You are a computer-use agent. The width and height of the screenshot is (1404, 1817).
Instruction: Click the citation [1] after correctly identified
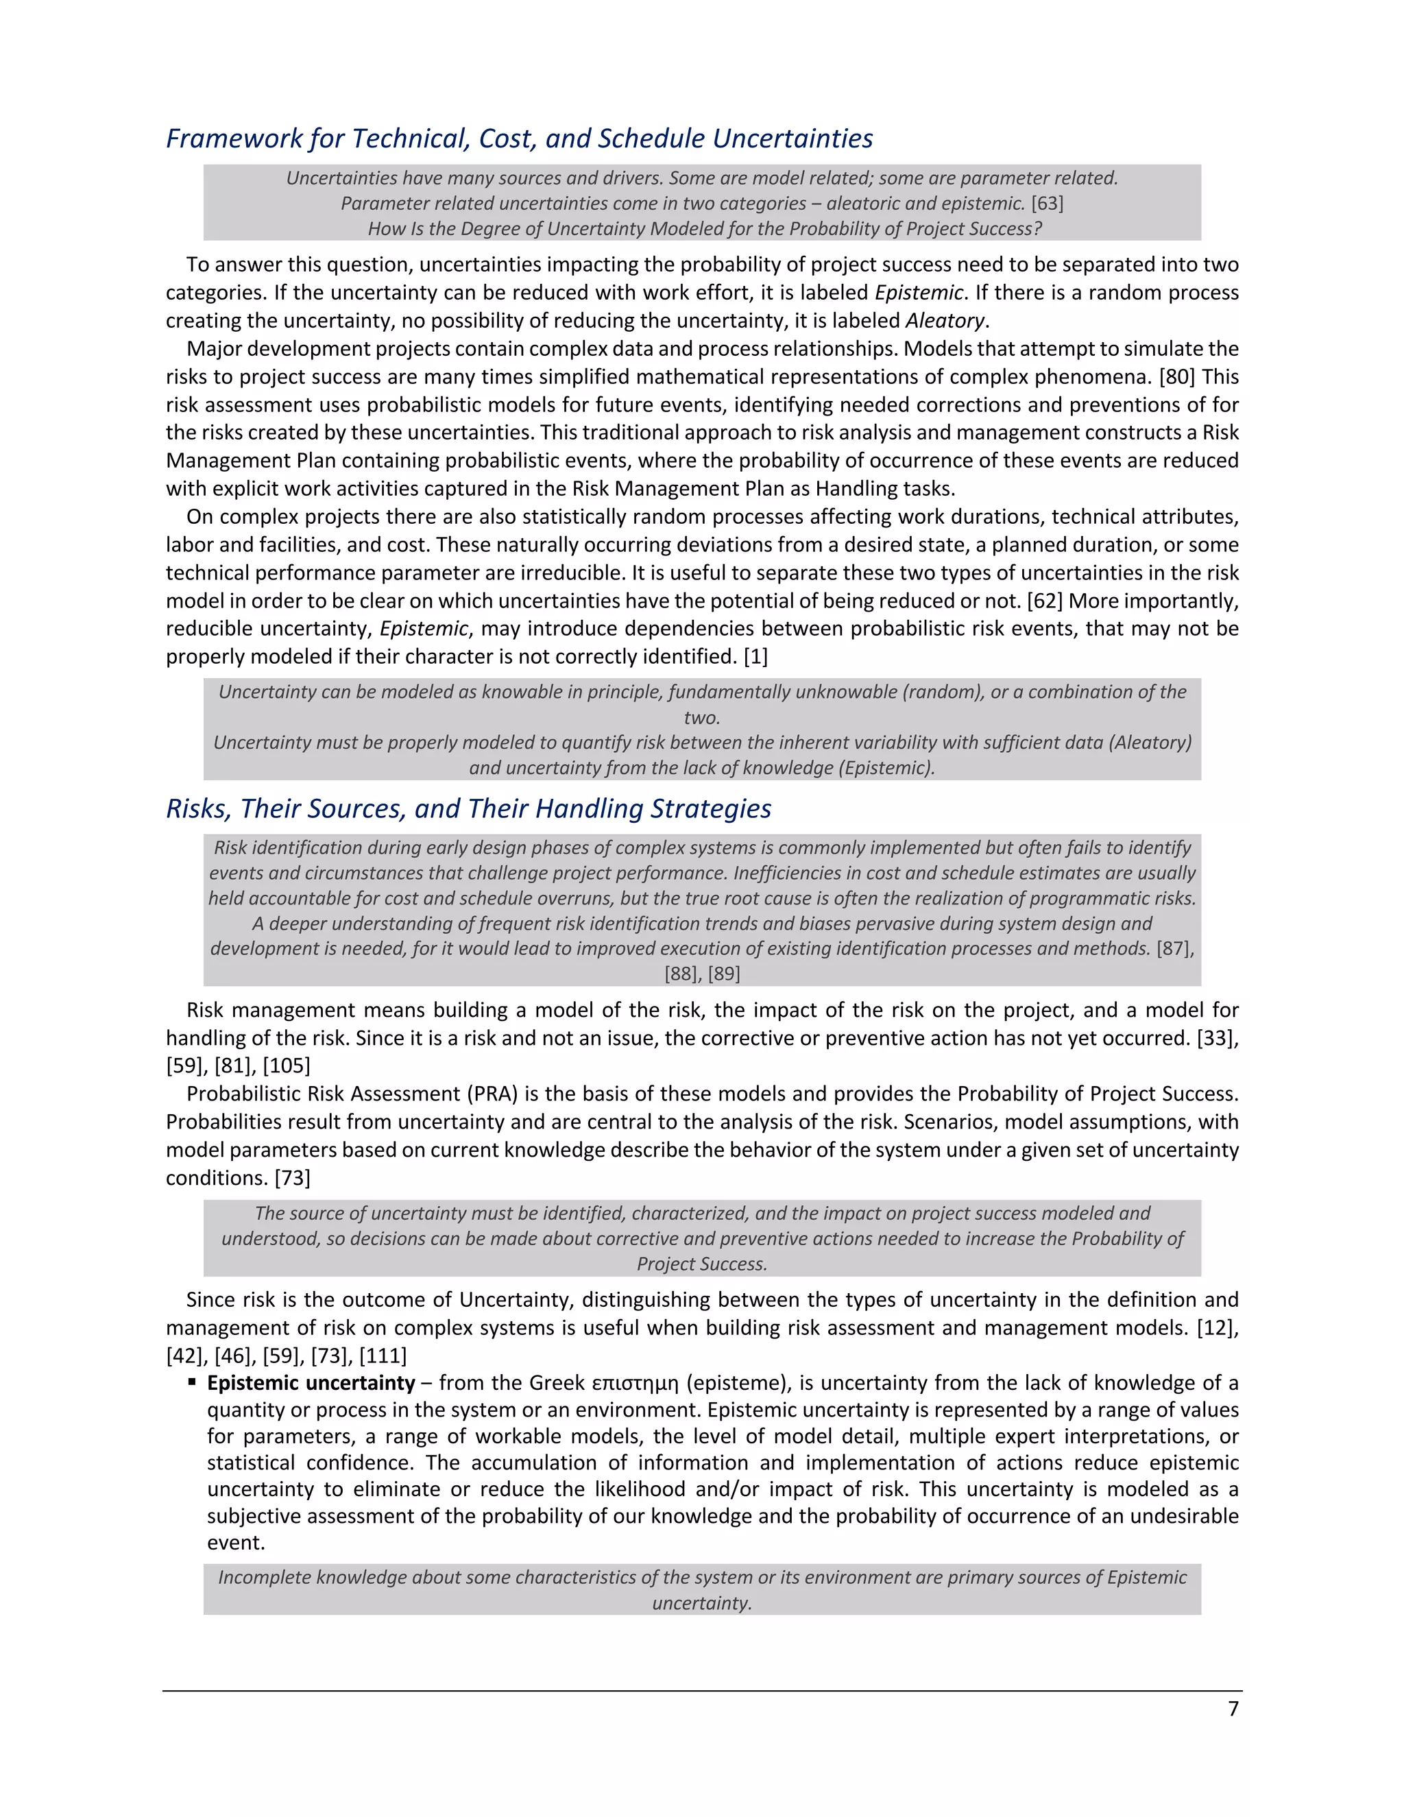[x=755, y=656]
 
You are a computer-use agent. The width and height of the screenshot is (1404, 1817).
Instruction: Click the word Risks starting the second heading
[x=198, y=808]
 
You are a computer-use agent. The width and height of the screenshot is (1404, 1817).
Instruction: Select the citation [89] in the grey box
[x=724, y=974]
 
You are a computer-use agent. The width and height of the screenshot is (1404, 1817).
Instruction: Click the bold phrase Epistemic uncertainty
[x=311, y=1383]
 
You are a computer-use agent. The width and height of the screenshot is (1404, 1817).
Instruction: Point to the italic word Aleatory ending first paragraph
[x=944, y=321]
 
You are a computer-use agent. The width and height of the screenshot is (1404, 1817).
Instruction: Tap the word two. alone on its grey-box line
[x=701, y=717]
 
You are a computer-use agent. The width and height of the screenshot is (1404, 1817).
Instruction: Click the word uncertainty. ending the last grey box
[x=701, y=1602]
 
